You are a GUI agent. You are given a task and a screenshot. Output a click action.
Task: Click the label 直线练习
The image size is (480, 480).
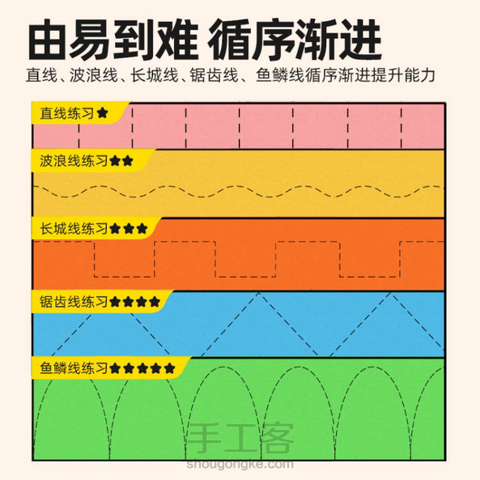67,113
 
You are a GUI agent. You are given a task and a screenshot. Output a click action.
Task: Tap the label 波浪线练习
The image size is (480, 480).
74,161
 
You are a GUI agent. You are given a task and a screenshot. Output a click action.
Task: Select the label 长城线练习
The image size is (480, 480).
74,228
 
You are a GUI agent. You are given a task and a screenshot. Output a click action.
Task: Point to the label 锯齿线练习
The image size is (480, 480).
74,302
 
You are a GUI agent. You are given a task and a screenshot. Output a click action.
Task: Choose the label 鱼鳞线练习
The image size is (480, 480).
74,368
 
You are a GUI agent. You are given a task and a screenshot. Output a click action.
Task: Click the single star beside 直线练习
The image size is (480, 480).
103,113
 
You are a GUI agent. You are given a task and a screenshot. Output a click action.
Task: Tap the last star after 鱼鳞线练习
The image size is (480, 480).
169,368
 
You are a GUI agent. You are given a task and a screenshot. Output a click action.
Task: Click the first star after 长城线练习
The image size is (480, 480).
115,228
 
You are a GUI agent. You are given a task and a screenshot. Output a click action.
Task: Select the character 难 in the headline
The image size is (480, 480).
176,39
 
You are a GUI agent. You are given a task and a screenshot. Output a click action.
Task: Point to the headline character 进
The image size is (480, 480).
361,39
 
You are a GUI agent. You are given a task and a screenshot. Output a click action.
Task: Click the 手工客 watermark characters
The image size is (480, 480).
240,439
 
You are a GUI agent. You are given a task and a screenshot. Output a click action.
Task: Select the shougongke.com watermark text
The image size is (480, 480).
240,465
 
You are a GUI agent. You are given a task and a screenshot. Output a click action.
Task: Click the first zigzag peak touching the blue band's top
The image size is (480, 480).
259,293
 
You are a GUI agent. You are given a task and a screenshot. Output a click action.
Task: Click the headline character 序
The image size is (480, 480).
273,39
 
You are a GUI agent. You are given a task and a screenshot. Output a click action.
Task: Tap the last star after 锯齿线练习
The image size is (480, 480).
155,302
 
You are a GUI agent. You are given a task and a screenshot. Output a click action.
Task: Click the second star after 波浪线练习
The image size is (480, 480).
127,161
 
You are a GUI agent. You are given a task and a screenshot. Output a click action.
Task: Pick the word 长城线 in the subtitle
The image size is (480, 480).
155,75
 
